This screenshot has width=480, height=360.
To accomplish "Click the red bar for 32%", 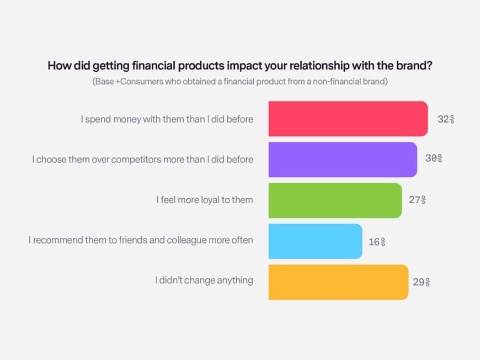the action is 348,119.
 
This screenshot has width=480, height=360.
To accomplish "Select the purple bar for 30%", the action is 343,160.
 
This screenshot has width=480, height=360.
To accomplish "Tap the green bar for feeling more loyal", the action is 335,200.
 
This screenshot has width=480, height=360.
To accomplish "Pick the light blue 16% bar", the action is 315,241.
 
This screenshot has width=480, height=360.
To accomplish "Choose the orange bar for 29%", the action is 339,282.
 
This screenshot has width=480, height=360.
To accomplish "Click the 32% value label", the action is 446,119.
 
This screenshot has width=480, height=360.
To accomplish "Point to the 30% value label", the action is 434,158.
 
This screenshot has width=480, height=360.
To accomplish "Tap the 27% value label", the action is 418,200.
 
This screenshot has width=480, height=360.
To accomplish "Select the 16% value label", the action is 377,242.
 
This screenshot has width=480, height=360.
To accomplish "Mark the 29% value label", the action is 422,282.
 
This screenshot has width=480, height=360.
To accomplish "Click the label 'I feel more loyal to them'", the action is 205,200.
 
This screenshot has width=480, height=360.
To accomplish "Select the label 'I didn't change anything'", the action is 204,280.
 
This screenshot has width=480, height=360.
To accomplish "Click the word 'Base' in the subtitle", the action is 104,82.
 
